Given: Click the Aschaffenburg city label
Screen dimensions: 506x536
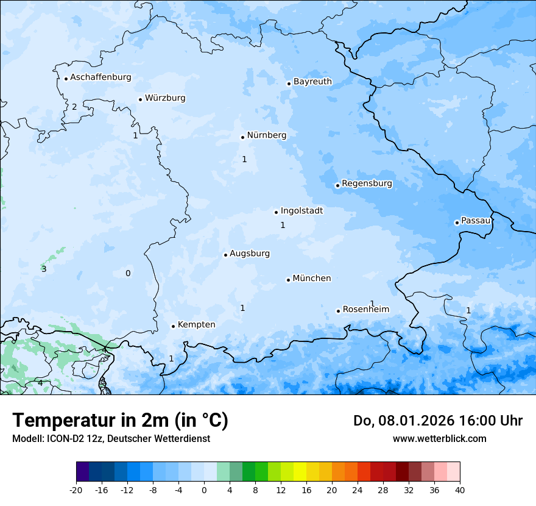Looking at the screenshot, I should [x=100, y=77].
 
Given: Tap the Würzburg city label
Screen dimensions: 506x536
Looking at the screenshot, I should [x=165, y=98].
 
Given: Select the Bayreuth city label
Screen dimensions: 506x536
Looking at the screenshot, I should [x=312, y=82].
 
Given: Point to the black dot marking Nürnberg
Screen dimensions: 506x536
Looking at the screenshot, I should [x=242, y=137].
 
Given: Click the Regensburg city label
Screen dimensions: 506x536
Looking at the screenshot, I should [x=367, y=184].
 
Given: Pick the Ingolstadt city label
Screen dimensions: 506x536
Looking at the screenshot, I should [x=301, y=211].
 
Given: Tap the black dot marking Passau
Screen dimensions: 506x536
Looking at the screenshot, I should [x=457, y=223].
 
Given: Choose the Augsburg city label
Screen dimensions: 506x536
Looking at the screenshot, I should [x=250, y=254].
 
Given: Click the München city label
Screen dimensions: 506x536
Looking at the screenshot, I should [x=312, y=279].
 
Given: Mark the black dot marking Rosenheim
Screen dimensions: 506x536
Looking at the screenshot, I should [x=339, y=311].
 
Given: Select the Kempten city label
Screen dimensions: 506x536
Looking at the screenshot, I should [x=196, y=325].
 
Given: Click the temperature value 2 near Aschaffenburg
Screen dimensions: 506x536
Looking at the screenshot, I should [x=74, y=107].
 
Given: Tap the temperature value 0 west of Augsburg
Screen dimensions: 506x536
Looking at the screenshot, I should [x=128, y=273].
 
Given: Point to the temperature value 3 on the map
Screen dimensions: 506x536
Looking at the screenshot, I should [x=44, y=269].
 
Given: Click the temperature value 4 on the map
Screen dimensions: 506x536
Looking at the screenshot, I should [x=40, y=383].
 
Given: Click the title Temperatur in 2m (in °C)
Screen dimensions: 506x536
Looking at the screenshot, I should [x=120, y=421].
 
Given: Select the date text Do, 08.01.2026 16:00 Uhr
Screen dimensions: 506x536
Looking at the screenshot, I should [x=437, y=421].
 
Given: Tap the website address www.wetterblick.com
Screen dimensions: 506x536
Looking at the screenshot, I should [x=439, y=438].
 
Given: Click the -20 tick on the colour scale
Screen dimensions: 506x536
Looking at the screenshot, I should [x=76, y=490].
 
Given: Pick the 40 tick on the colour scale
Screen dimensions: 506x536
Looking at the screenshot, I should [x=459, y=490].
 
